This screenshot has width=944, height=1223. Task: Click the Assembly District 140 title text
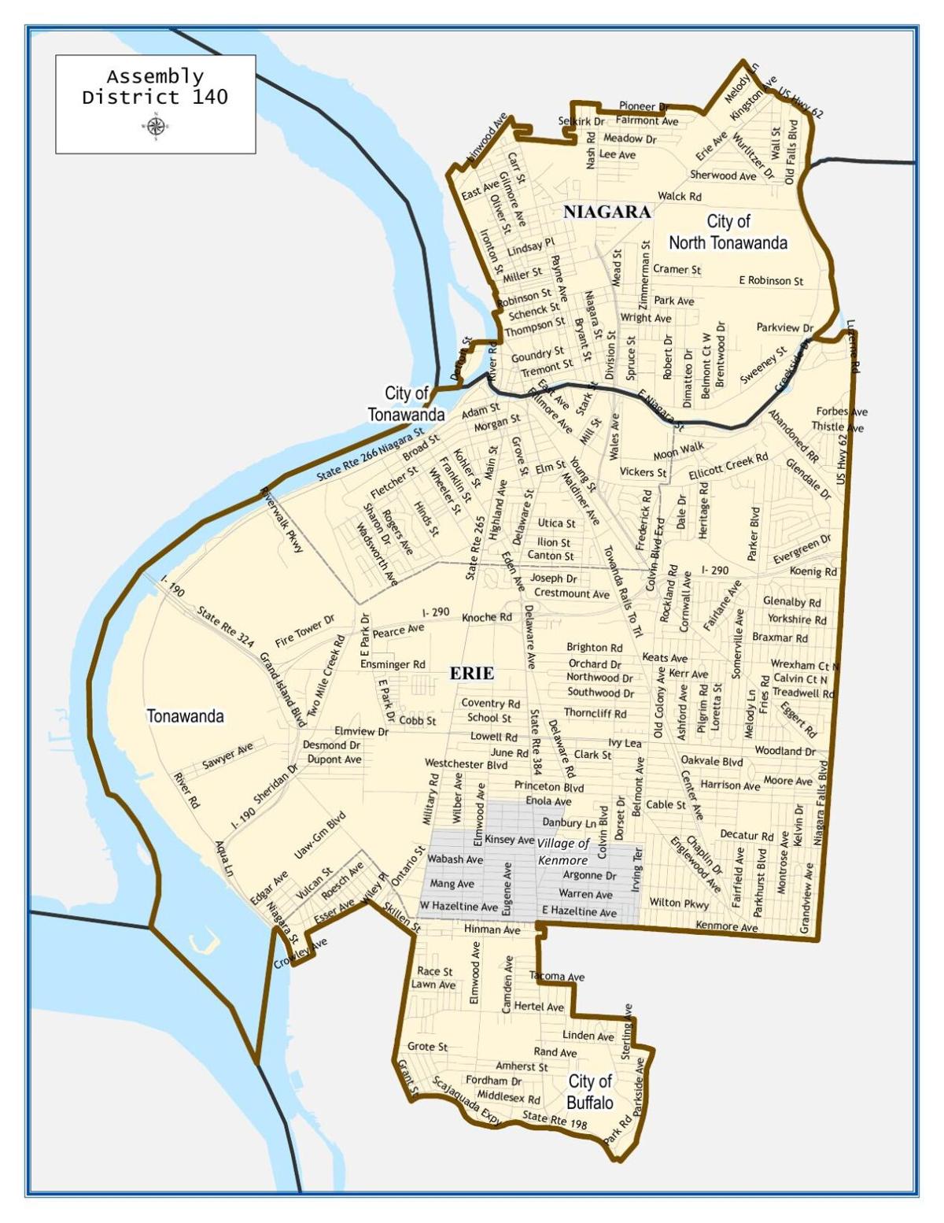pos(155,87)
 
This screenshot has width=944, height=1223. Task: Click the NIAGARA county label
pos(607,212)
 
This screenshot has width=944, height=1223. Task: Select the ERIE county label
pos(472,673)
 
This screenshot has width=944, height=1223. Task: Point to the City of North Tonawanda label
pos(728,232)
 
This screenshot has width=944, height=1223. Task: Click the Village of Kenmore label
pos(563,852)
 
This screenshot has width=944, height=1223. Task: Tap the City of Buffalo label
pos(590,1092)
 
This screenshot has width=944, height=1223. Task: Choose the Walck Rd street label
pos(680,196)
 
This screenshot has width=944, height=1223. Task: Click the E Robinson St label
pos(771,280)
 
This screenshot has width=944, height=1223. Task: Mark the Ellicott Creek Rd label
pos(728,466)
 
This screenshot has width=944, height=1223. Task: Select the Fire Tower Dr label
pos(304,631)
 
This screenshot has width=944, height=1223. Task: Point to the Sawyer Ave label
pos(228,756)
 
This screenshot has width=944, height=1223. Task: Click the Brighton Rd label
pos(595,648)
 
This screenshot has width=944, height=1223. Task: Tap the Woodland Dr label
pos(785,751)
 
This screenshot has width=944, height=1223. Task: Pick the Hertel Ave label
pos(539,1007)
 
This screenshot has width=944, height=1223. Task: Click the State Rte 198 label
pos(555,1120)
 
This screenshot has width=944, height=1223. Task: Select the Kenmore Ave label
pos(727,926)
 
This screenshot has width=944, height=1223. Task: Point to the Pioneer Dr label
pos(643,106)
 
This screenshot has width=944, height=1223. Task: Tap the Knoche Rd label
pos(487,617)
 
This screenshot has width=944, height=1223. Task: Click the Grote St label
pos(427,1047)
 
